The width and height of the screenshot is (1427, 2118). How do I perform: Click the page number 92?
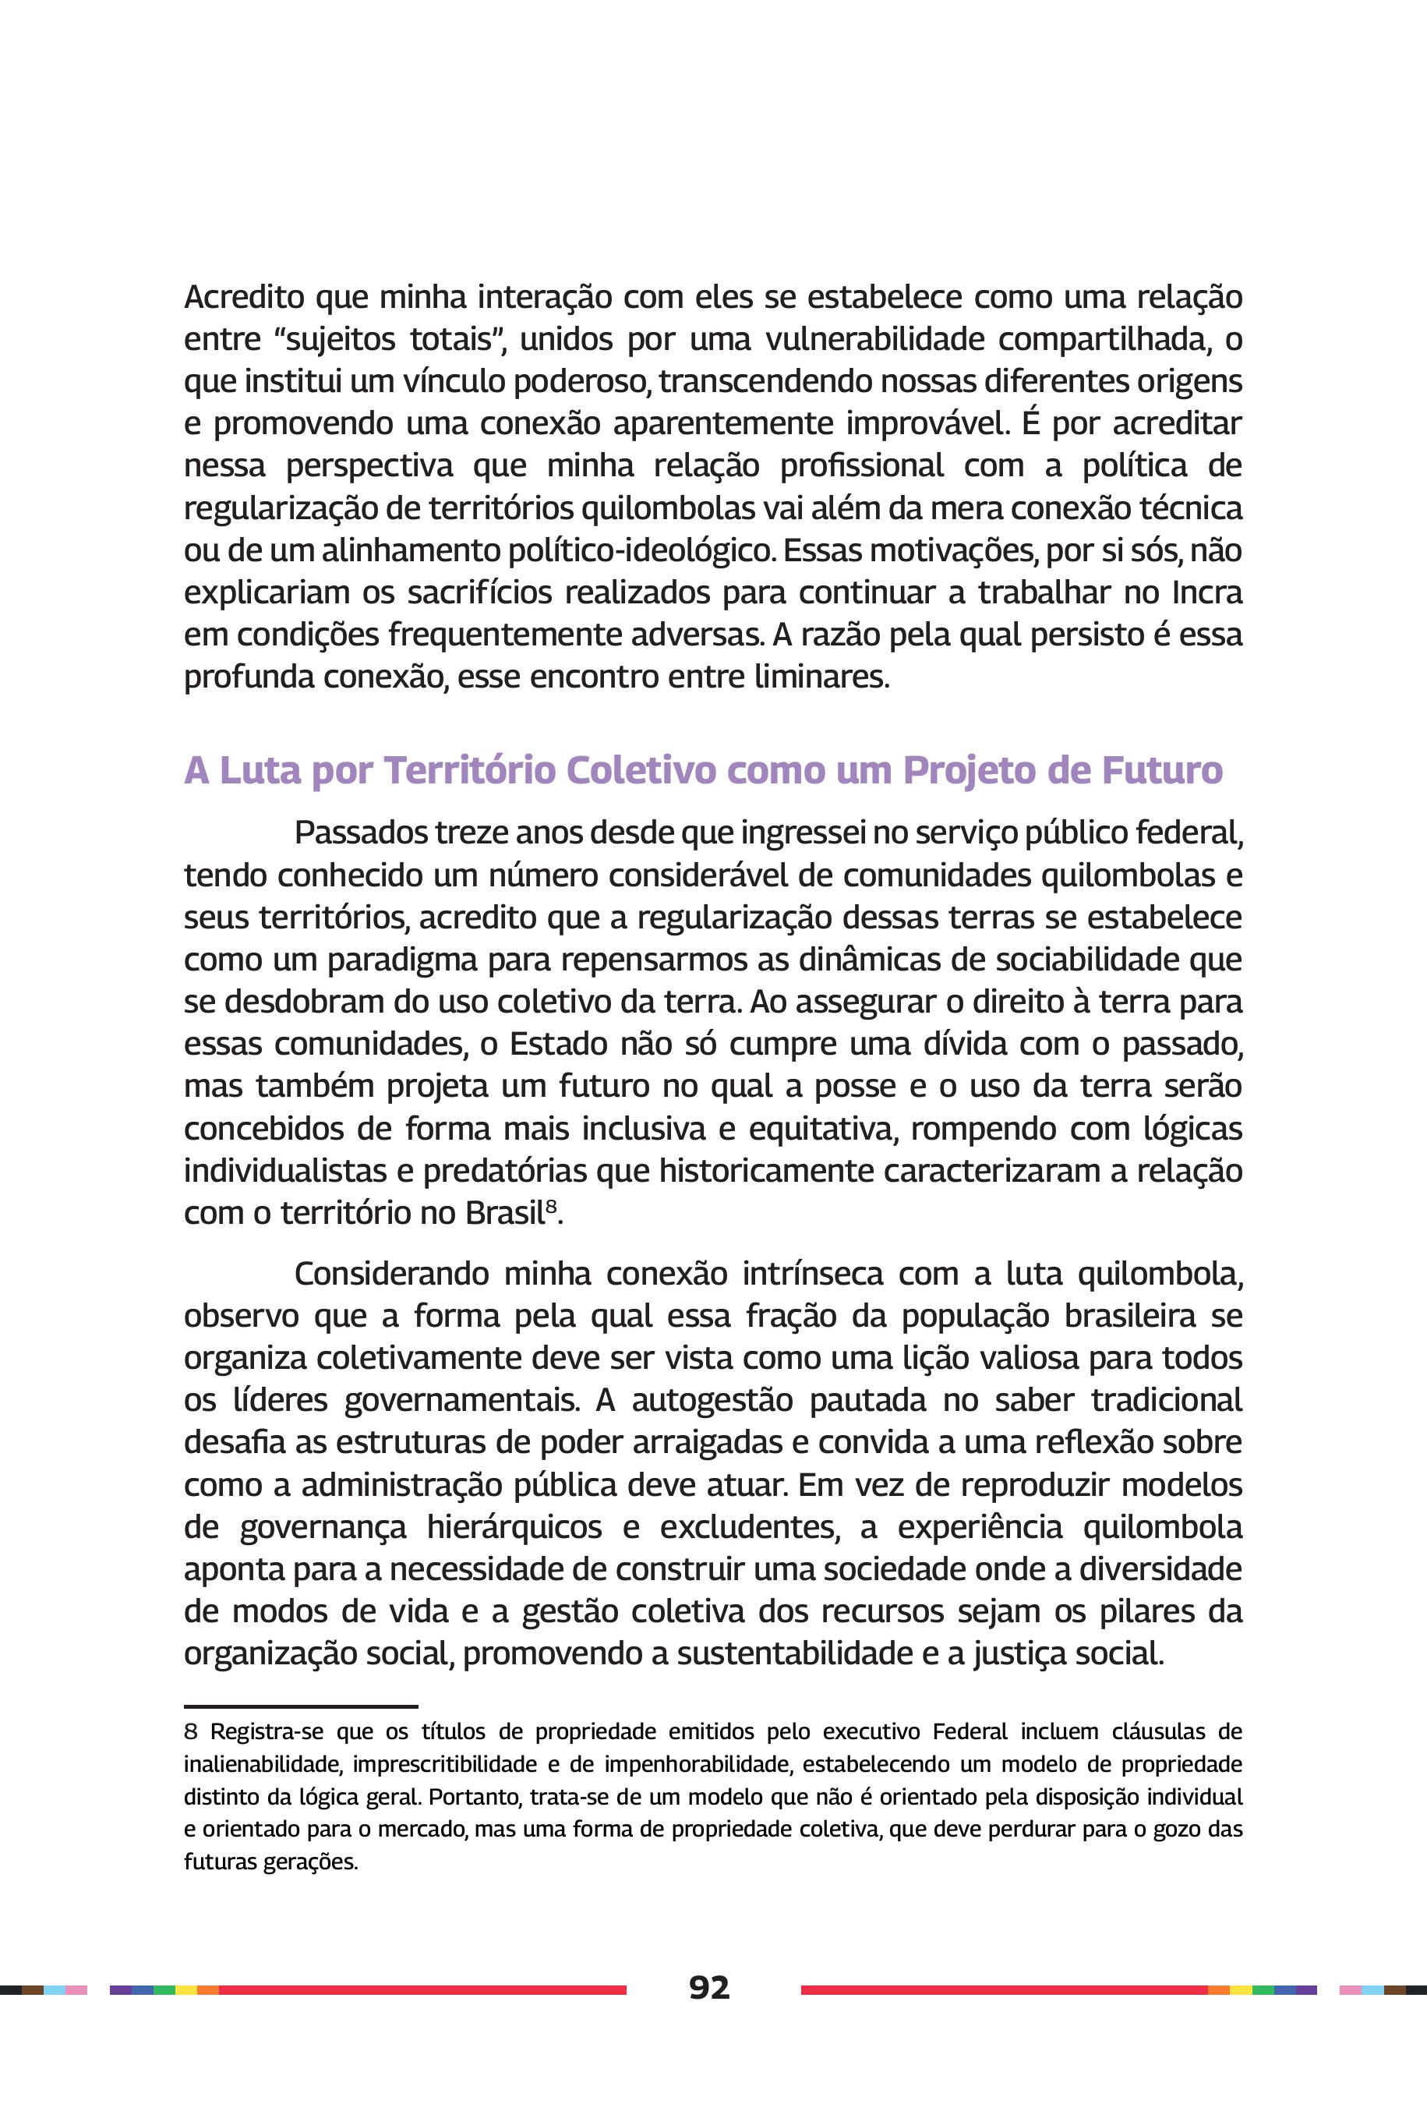pos(709,1988)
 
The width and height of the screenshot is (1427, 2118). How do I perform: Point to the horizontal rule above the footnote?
pos(300,1706)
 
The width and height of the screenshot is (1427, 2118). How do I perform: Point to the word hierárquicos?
pos(514,1527)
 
